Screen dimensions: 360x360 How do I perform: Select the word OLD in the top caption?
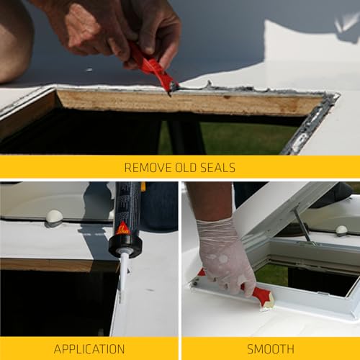(185, 168)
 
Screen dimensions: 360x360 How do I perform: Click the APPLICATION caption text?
(89, 349)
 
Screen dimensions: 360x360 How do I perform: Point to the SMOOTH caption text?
(270, 349)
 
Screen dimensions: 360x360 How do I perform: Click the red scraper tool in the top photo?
(151, 66)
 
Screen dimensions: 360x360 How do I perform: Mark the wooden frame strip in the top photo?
(187, 102)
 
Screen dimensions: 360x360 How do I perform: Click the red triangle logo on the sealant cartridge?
(123, 228)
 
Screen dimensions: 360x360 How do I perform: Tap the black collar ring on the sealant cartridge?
(125, 246)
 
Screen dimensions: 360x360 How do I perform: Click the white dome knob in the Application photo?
(54, 216)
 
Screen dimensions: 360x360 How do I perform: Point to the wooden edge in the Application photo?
(58, 265)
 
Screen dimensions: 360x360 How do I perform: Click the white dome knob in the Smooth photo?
(341, 230)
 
